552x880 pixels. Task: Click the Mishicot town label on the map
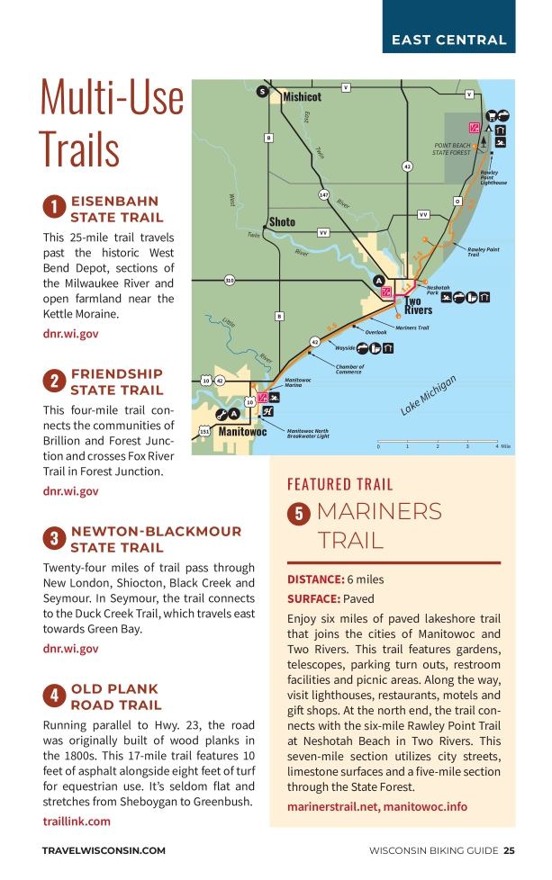pos(302,96)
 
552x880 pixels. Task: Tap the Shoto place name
pos(282,221)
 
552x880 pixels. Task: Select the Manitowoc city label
pos(242,432)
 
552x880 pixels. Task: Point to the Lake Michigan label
pos(429,395)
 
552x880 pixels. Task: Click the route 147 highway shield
pos(323,194)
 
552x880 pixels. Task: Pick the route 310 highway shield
pos(230,281)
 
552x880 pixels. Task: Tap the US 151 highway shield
pos(204,432)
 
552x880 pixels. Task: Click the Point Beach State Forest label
pos(451,148)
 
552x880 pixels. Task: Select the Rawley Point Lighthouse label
pos(493,177)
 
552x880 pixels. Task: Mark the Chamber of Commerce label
pos(349,369)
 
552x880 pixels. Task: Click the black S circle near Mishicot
pos(262,91)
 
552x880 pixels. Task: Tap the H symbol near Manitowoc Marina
pos(267,411)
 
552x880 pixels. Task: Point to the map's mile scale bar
pos(438,444)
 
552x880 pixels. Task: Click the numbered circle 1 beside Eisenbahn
pos(54,209)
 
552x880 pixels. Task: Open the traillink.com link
pos(77,821)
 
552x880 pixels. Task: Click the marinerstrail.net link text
pos(331,806)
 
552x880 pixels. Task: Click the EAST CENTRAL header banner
pos(448,40)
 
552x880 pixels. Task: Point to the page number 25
pos(510,850)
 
